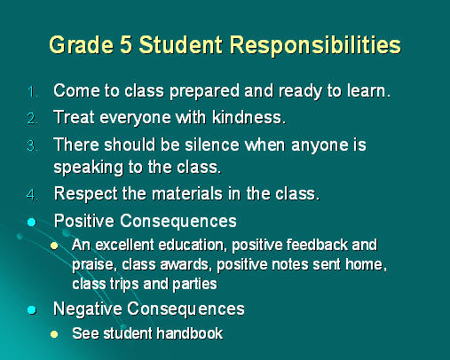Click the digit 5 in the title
(126, 45)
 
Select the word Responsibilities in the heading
(315, 46)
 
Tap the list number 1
(32, 92)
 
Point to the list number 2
(32, 119)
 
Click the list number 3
(31, 145)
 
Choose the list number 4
(32, 195)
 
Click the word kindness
(249, 117)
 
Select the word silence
(212, 145)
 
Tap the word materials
(187, 194)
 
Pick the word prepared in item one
(204, 91)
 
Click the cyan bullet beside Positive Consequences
(32, 222)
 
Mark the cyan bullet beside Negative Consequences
(32, 310)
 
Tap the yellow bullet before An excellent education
(54, 246)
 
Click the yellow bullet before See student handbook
(54, 334)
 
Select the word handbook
(190, 333)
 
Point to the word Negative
(88, 309)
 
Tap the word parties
(194, 285)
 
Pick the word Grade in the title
(82, 45)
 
